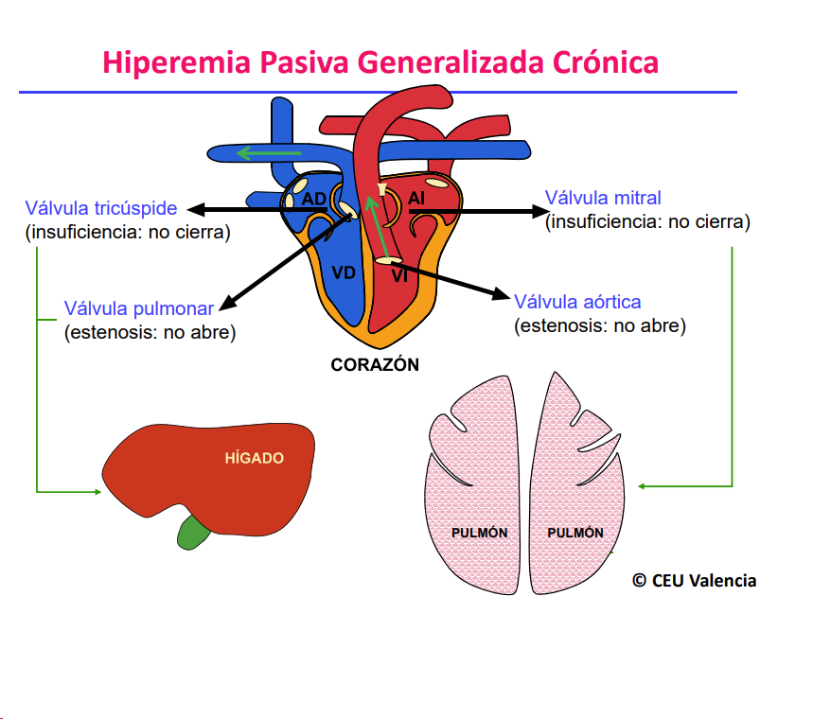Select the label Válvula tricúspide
point(101,209)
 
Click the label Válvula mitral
point(603,199)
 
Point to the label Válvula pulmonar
point(139,308)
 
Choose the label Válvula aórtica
point(577,302)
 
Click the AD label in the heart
point(313,200)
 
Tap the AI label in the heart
point(416,198)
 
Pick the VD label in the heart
point(344,273)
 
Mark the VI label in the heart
point(399,276)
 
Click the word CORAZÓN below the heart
point(375,364)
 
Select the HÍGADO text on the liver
point(254,458)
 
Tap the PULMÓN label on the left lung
point(479,533)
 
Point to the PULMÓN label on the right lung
point(575,533)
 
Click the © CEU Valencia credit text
point(694,581)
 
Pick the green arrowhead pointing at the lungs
point(643,486)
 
